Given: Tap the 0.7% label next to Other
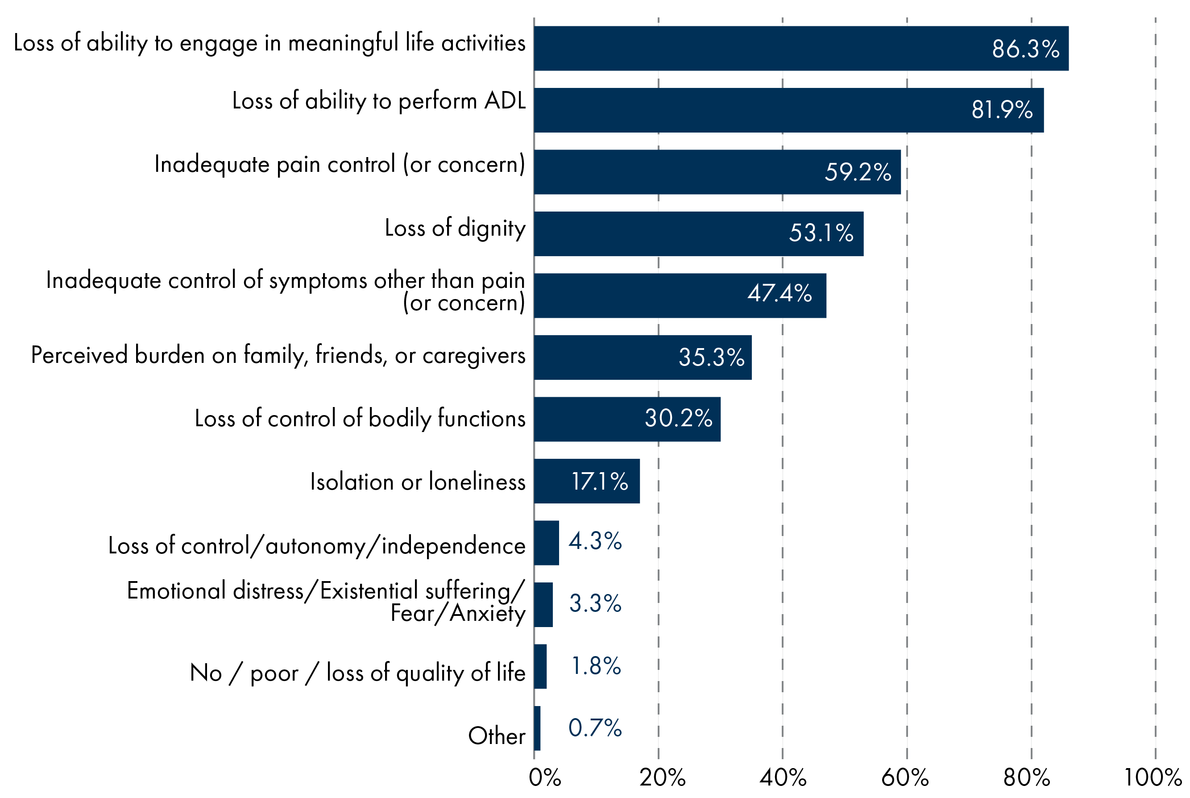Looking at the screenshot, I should (595, 728).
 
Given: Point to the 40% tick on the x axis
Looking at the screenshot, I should (783, 777).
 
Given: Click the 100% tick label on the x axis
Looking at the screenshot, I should (1153, 777).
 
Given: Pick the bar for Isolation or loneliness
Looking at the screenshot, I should (587, 481).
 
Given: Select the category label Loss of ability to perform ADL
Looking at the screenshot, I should (378, 101).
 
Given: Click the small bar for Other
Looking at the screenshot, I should (537, 728).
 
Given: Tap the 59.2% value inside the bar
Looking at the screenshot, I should (858, 172).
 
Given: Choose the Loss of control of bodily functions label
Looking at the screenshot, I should (360, 418).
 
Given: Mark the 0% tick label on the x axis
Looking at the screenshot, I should (544, 777).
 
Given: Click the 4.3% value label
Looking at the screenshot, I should (595, 541).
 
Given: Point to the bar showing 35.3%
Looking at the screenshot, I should (643, 357).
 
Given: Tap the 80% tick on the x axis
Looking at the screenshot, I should (1027, 777).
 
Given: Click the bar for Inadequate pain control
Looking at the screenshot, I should (717, 172).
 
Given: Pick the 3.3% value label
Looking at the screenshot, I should (595, 603).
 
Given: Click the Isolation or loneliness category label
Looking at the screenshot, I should (418, 482).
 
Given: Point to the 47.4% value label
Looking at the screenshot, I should (780, 293).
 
